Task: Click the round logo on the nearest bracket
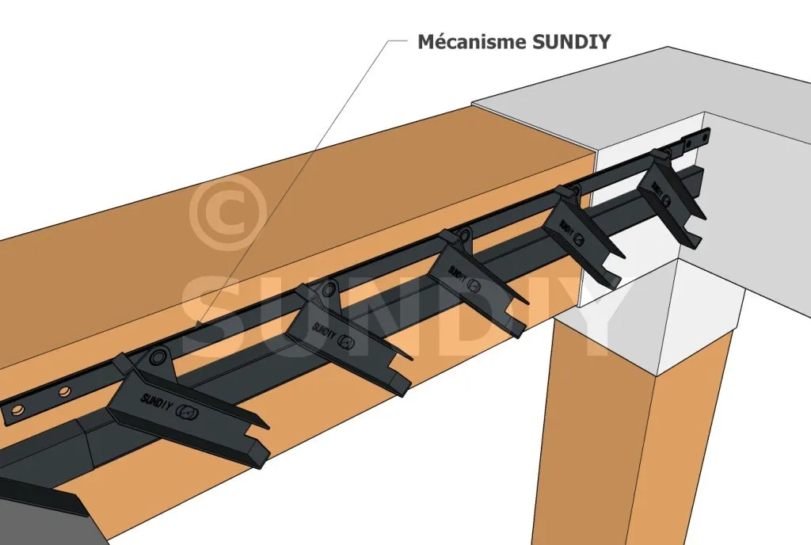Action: tap(187, 411)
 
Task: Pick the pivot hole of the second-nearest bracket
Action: tap(329, 290)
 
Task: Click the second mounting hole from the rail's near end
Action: tap(63, 394)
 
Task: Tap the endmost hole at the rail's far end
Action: tap(702, 138)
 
